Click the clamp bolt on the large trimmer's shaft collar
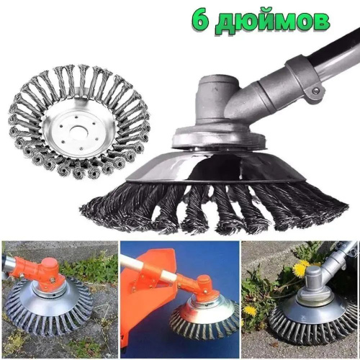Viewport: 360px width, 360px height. [x=316, y=91]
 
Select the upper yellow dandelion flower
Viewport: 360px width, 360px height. [x=300, y=269]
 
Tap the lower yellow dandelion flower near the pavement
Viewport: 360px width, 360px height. [x=250, y=311]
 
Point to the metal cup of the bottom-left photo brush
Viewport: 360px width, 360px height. [x=49, y=304]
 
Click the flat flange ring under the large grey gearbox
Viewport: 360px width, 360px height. [x=217, y=143]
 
